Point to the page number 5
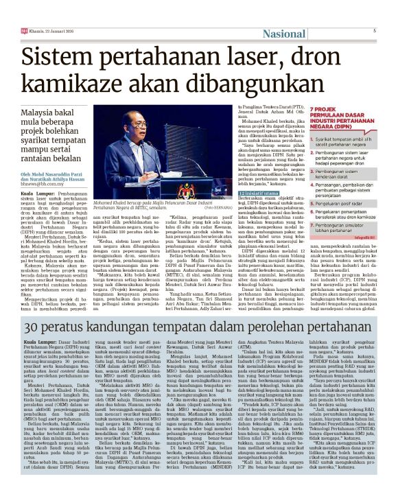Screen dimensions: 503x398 pyautogui.click(x=375, y=31)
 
